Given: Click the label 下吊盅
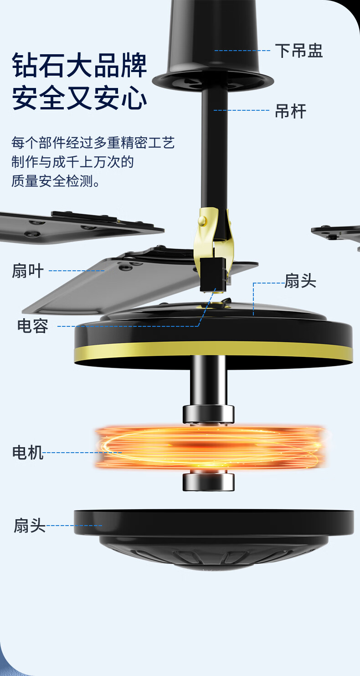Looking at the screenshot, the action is [x=298, y=51].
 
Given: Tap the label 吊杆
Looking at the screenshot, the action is [x=290, y=111].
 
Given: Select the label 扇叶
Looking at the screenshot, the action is [x=28, y=271].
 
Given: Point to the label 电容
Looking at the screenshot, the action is [x=33, y=326].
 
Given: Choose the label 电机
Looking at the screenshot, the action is [x=28, y=453].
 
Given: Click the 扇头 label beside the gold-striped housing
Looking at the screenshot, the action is [x=300, y=281].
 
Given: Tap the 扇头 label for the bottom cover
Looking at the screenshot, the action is [x=30, y=526].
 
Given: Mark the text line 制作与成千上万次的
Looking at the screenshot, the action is [x=72, y=162].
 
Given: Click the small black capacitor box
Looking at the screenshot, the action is [x=213, y=273].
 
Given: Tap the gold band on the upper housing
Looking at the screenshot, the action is [x=213, y=349].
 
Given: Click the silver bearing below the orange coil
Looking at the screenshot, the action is [x=208, y=481].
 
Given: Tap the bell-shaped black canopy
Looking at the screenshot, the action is [x=213, y=46].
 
